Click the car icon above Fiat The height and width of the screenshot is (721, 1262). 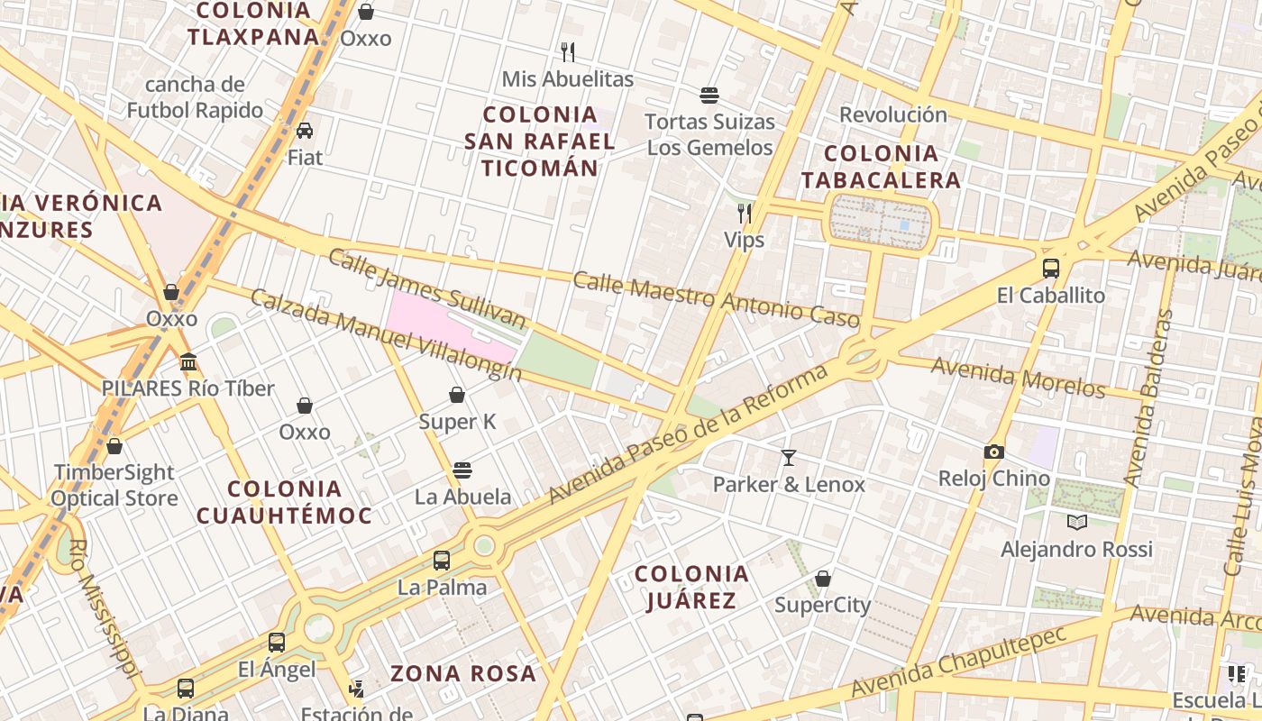click(x=305, y=131)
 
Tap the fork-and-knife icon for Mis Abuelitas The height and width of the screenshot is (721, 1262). click(x=568, y=51)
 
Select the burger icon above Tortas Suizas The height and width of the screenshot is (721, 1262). click(x=709, y=95)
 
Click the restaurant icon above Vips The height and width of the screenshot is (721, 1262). click(x=745, y=214)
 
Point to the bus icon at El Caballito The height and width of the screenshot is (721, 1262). click(x=1051, y=268)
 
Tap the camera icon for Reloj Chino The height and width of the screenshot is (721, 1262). click(x=994, y=452)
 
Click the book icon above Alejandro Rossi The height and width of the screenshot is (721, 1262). click(x=1076, y=522)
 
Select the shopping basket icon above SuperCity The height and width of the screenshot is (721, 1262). click(x=823, y=578)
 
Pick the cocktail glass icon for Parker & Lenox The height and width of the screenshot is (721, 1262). click(x=789, y=458)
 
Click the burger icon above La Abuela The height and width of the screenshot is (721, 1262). click(x=462, y=470)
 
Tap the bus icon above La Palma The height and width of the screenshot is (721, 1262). click(x=442, y=561)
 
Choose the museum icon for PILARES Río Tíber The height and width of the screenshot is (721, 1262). click(x=188, y=362)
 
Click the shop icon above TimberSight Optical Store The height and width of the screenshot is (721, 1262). click(x=114, y=446)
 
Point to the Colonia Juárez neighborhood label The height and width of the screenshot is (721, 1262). click(x=691, y=587)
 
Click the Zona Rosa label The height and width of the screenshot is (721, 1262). click(x=463, y=673)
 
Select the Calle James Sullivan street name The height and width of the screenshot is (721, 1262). click(x=426, y=289)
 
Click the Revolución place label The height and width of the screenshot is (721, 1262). click(x=893, y=114)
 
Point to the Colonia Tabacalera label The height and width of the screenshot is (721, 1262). click(x=881, y=167)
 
